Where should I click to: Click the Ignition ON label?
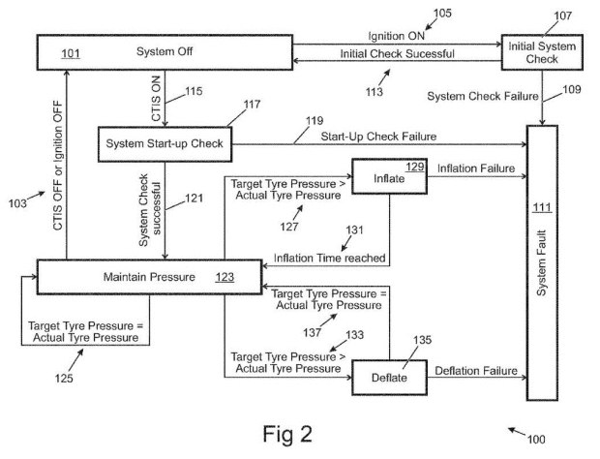tap(396, 36)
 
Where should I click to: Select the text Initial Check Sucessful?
tap(397, 53)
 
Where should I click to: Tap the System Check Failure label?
tap(483, 96)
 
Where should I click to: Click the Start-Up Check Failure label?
tap(378, 137)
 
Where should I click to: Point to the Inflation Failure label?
tap(476, 168)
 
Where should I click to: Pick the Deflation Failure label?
tap(476, 371)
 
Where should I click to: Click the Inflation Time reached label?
tap(329, 258)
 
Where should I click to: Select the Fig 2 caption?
tap(287, 435)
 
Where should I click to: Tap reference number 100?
tap(536, 439)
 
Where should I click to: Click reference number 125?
tap(64, 379)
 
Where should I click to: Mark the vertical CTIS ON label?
tap(156, 99)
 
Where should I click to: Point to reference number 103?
tap(17, 203)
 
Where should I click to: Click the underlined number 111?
tap(542, 208)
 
